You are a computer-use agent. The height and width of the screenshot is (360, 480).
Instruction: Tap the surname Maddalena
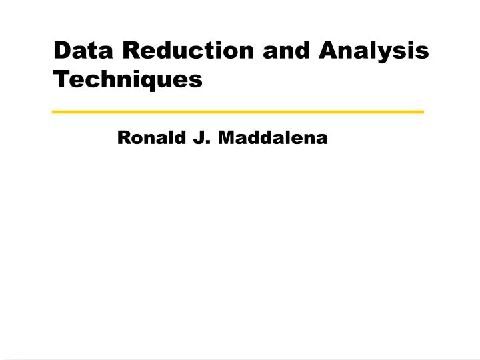tap(273, 138)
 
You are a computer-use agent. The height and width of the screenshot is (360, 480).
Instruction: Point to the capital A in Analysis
tap(331, 50)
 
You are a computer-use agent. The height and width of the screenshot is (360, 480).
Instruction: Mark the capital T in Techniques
tap(61, 79)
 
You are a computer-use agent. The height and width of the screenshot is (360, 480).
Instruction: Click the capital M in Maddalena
tap(227, 138)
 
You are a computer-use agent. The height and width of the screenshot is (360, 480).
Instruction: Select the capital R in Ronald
tap(124, 138)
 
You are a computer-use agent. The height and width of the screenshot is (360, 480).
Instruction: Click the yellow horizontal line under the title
tap(238, 111)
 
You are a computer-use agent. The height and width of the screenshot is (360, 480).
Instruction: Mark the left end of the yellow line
tap(54, 111)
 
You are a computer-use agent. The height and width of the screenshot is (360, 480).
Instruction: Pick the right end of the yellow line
tap(422, 111)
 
